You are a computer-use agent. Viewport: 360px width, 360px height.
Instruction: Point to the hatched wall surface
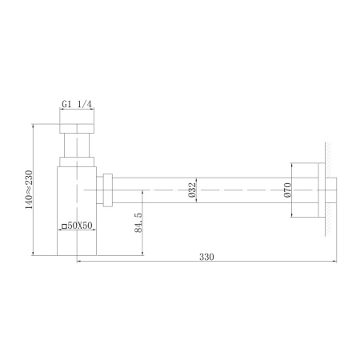(329, 189)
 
